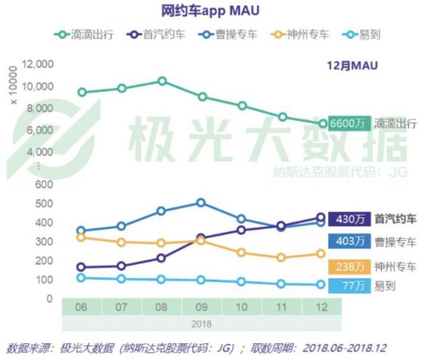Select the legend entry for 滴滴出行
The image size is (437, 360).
pos(82,34)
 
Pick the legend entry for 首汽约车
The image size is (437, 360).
pos(154,34)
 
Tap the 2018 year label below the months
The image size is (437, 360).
pos(200,324)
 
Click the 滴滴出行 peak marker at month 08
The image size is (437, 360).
pos(162,81)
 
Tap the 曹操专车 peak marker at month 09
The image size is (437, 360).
pos(201,203)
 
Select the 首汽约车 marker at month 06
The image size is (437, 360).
pos(82,267)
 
